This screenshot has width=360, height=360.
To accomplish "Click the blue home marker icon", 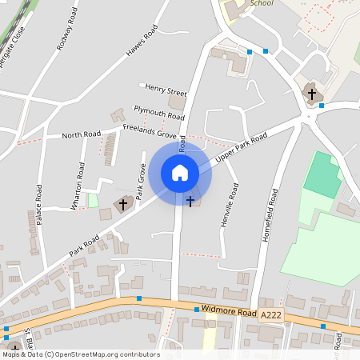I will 180,172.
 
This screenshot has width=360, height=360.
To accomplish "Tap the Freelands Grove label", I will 150,130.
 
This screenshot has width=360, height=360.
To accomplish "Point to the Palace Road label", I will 38,206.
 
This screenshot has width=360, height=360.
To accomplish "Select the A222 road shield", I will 270,317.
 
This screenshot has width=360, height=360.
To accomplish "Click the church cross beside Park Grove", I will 124,204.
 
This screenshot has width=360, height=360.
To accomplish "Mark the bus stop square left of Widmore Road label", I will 196,309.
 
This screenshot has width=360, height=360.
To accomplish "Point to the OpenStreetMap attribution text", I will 80,354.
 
